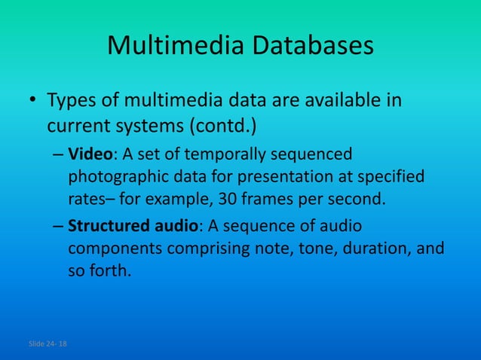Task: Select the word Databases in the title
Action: tap(311, 46)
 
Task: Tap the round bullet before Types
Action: tap(33, 102)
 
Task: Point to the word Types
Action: tap(72, 100)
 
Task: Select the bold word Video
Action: tap(90, 155)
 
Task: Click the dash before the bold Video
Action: tap(58, 156)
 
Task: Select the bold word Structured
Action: tap(106, 226)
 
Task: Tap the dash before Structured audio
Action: tap(58, 227)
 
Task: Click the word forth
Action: tap(110, 270)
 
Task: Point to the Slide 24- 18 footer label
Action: tap(47, 344)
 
